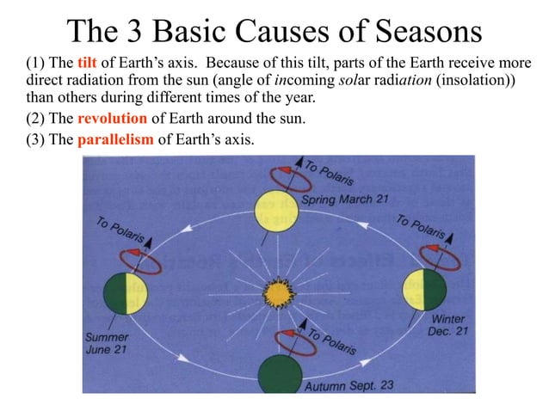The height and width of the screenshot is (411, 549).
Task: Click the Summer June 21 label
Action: (107, 341)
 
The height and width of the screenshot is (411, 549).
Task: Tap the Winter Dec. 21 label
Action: (449, 325)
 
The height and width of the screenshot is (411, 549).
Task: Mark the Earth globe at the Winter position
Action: (427, 292)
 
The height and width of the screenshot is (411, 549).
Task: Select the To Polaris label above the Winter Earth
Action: (420, 226)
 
